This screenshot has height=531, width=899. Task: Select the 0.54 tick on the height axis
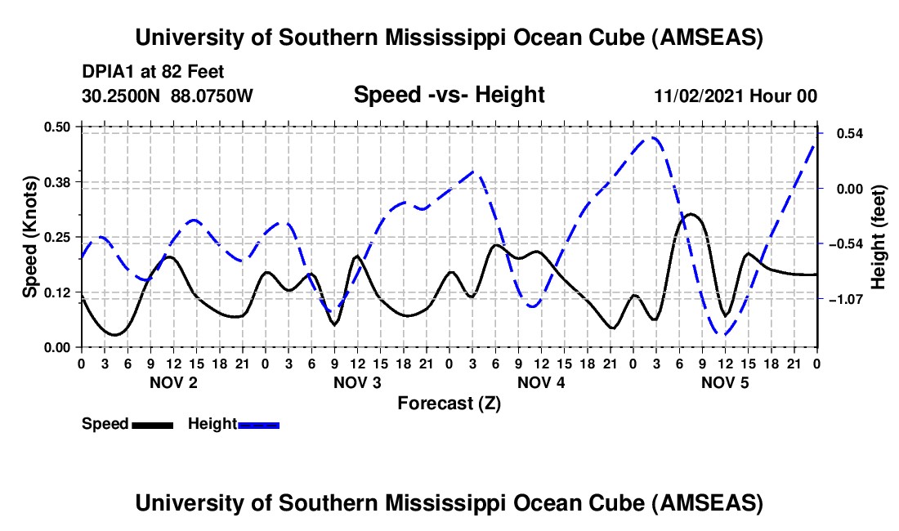pos(840,133)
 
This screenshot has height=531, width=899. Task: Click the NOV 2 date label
pos(172,382)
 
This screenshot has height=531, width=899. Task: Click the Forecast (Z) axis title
pos(449,403)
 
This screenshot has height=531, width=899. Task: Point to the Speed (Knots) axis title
pos(29,237)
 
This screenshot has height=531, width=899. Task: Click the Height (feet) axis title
pos(879,237)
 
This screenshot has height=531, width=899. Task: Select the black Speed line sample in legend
pos(151,425)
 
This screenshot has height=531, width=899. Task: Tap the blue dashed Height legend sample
pos(258,425)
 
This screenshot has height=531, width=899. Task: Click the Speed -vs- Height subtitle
pos(449,95)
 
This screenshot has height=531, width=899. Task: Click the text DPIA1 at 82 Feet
pos(153,72)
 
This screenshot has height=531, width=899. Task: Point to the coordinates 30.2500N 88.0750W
pos(168,96)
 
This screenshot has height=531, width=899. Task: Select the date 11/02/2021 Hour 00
pos(736,96)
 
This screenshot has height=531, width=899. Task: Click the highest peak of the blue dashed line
pos(654,137)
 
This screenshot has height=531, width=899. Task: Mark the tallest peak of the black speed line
pos(691,214)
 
